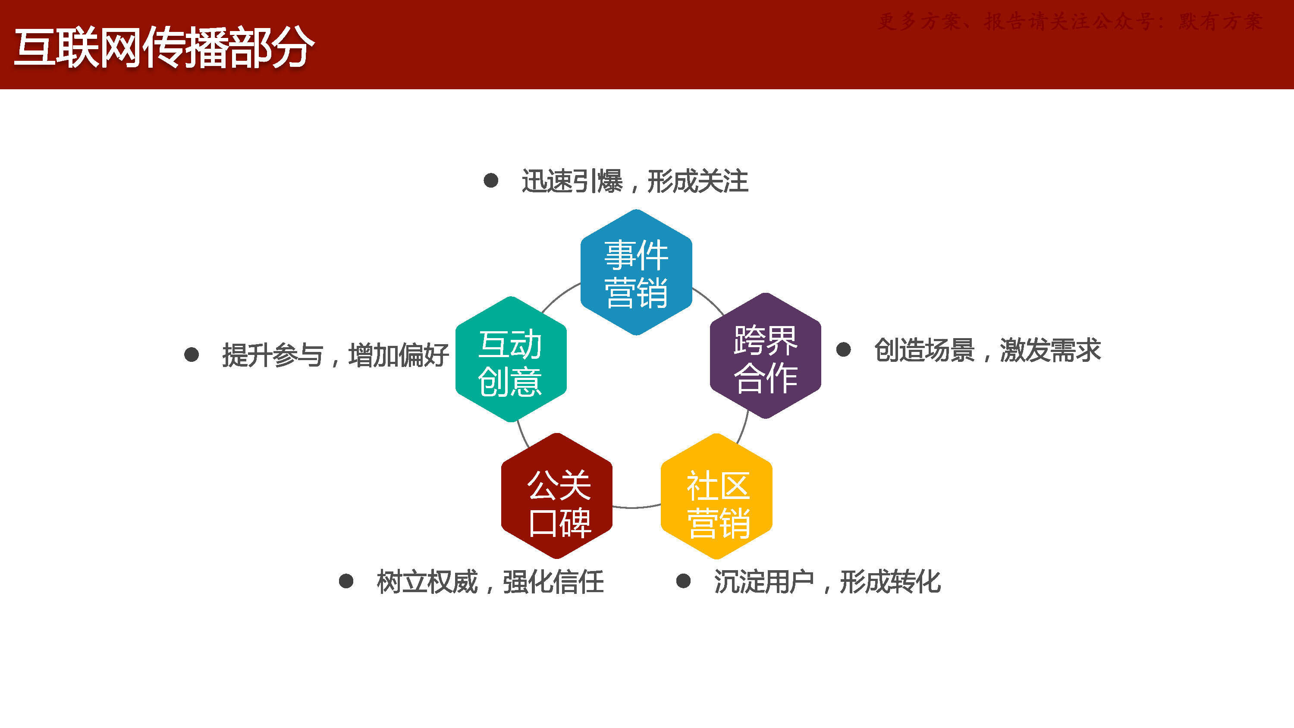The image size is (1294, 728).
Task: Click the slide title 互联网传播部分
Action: [164, 48]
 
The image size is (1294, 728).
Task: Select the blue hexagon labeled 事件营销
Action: [636, 272]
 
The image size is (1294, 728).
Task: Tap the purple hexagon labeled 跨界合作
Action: [765, 356]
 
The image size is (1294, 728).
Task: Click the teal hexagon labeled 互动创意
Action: [511, 359]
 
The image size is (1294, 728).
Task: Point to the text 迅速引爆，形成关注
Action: [635, 181]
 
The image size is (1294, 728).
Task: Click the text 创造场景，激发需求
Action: [987, 350]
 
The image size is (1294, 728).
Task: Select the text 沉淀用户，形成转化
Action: [827, 582]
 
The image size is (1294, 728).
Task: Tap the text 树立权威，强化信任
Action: [490, 582]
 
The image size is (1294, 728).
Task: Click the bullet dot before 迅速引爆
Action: [491, 180]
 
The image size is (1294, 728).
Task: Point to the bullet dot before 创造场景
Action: [843, 350]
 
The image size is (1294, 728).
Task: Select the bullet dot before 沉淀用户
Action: [683, 581]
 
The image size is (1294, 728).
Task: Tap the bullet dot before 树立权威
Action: [346, 581]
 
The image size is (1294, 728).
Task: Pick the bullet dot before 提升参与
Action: [192, 355]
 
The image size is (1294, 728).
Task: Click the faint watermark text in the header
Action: [1070, 22]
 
